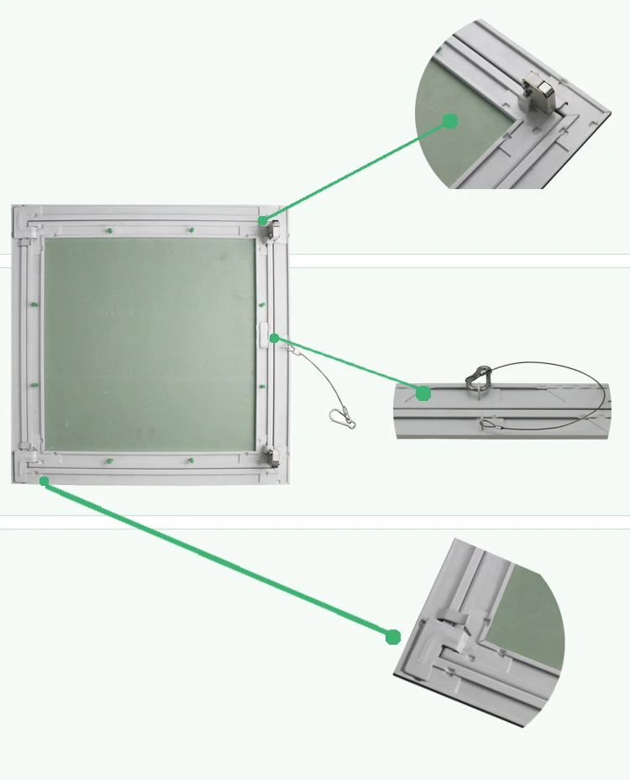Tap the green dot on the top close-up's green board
tap(450, 121)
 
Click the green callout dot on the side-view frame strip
tap(423, 393)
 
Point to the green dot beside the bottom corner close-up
tap(393, 637)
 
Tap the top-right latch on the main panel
tap(272, 229)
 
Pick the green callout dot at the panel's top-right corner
tap(262, 221)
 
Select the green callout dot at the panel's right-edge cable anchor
tap(275, 338)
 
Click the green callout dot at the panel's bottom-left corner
tap(45, 481)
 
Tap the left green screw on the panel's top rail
tap(110, 229)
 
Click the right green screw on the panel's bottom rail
tap(192, 461)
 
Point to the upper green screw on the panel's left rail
tap(33, 304)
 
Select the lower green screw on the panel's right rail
tap(262, 386)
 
